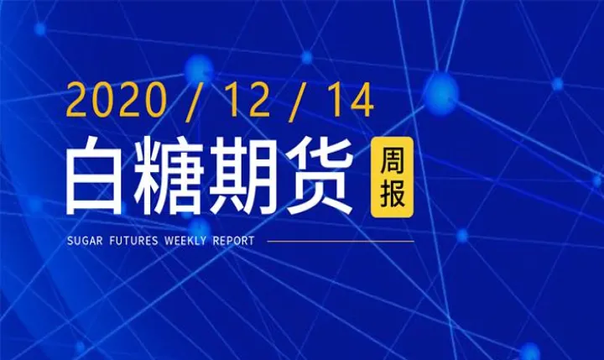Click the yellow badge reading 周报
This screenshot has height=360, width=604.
391,177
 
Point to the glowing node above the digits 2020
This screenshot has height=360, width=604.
199,65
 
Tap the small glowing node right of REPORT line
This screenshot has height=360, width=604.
462,236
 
